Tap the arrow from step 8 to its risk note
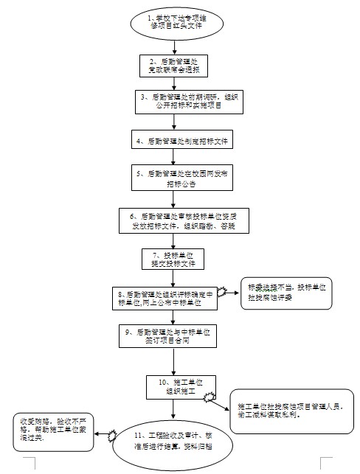(229, 293)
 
